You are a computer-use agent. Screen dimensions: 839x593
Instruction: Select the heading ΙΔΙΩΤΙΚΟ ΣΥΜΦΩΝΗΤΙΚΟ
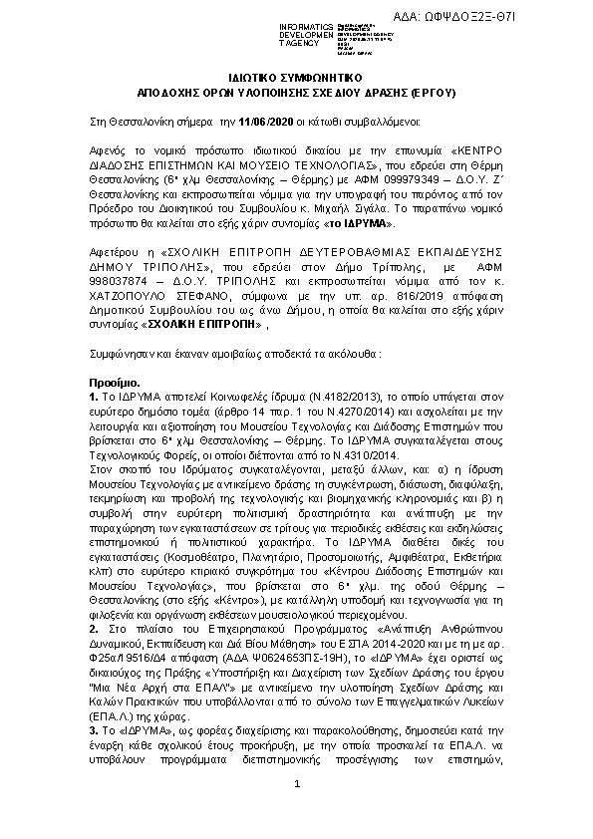(x=296, y=77)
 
